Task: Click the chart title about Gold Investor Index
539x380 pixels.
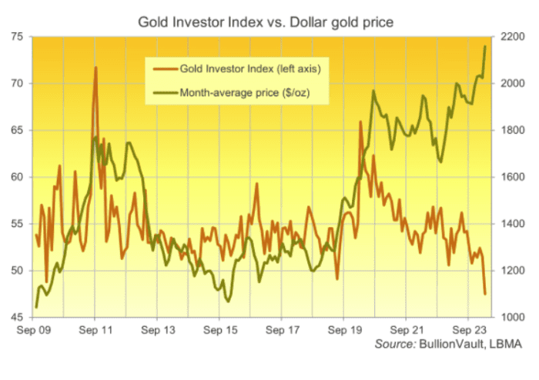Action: pyautogui.click(x=266, y=22)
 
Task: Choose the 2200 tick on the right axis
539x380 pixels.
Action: pyautogui.click(x=509, y=37)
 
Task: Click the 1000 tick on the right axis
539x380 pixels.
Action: pyautogui.click(x=509, y=317)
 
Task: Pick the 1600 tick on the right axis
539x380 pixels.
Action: pyautogui.click(x=509, y=177)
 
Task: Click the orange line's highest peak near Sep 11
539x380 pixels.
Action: pyautogui.click(x=95, y=68)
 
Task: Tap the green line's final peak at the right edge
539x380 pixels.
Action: pyautogui.click(x=485, y=46)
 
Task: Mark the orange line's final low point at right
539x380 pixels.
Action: pyautogui.click(x=485, y=293)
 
